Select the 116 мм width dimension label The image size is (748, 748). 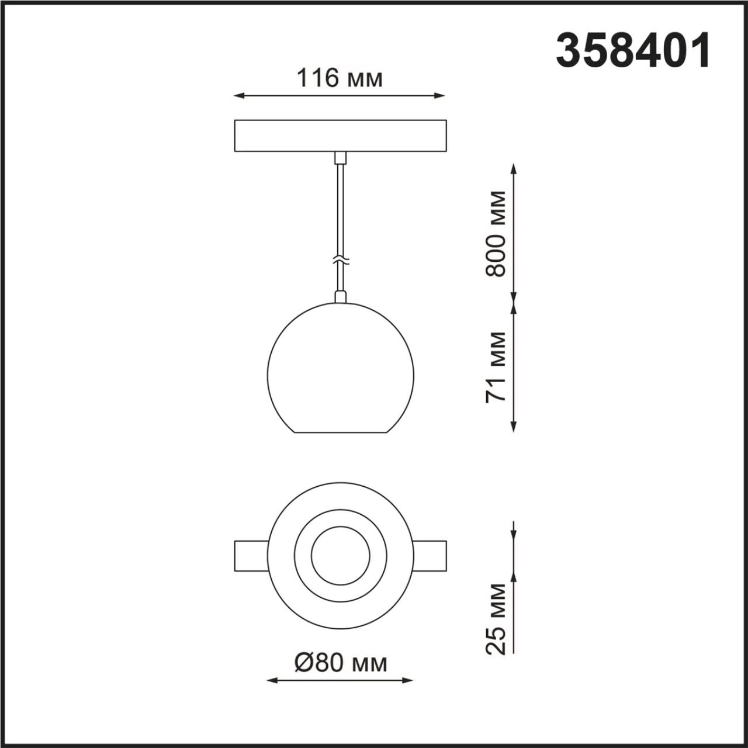tap(340, 78)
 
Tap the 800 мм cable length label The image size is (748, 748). tap(496, 233)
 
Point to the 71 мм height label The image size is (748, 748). tap(496, 366)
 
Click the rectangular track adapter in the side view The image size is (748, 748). tap(340, 136)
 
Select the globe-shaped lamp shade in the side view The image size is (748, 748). tap(340, 368)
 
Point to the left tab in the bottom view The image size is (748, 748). tap(250, 556)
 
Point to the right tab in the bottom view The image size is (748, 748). tap(430, 556)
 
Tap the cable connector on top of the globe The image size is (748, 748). tap(340, 297)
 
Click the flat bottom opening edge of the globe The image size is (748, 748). tap(340, 433)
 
